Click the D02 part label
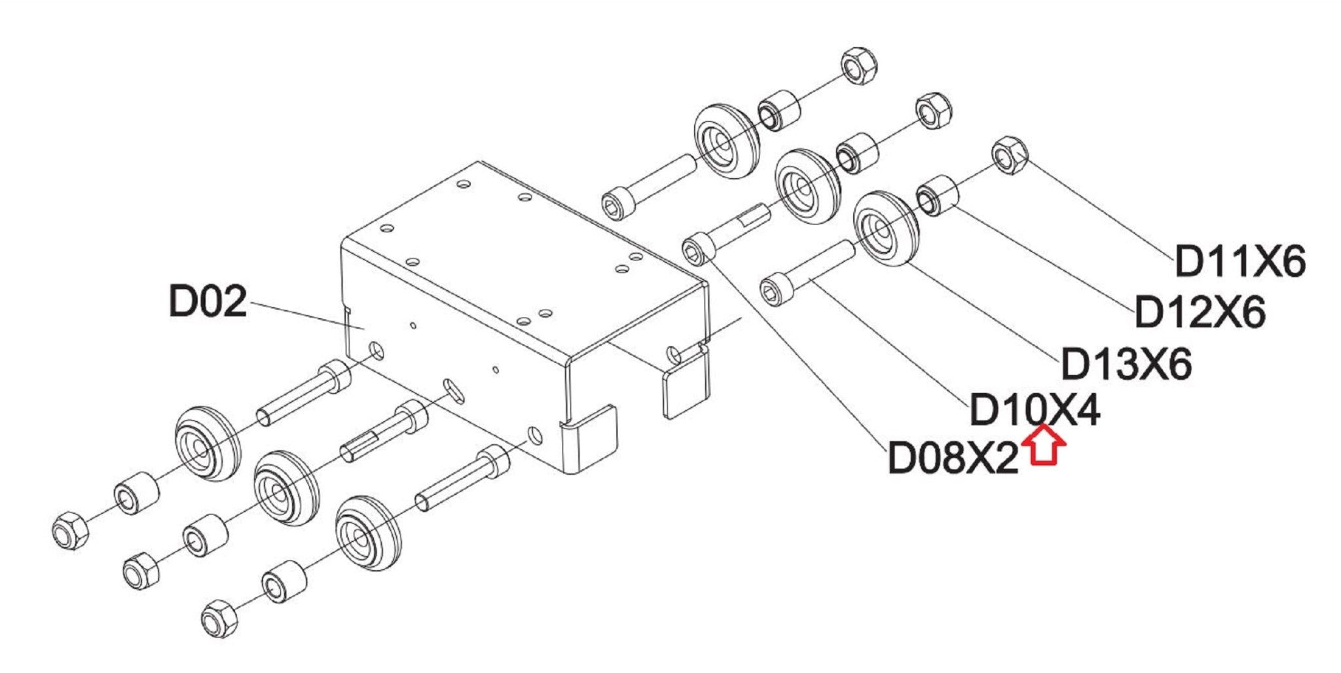point(208,301)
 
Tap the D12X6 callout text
point(1200,312)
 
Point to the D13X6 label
point(1126,363)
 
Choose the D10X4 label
point(1035,410)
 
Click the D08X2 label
point(953,458)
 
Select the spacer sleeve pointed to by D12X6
point(938,194)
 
